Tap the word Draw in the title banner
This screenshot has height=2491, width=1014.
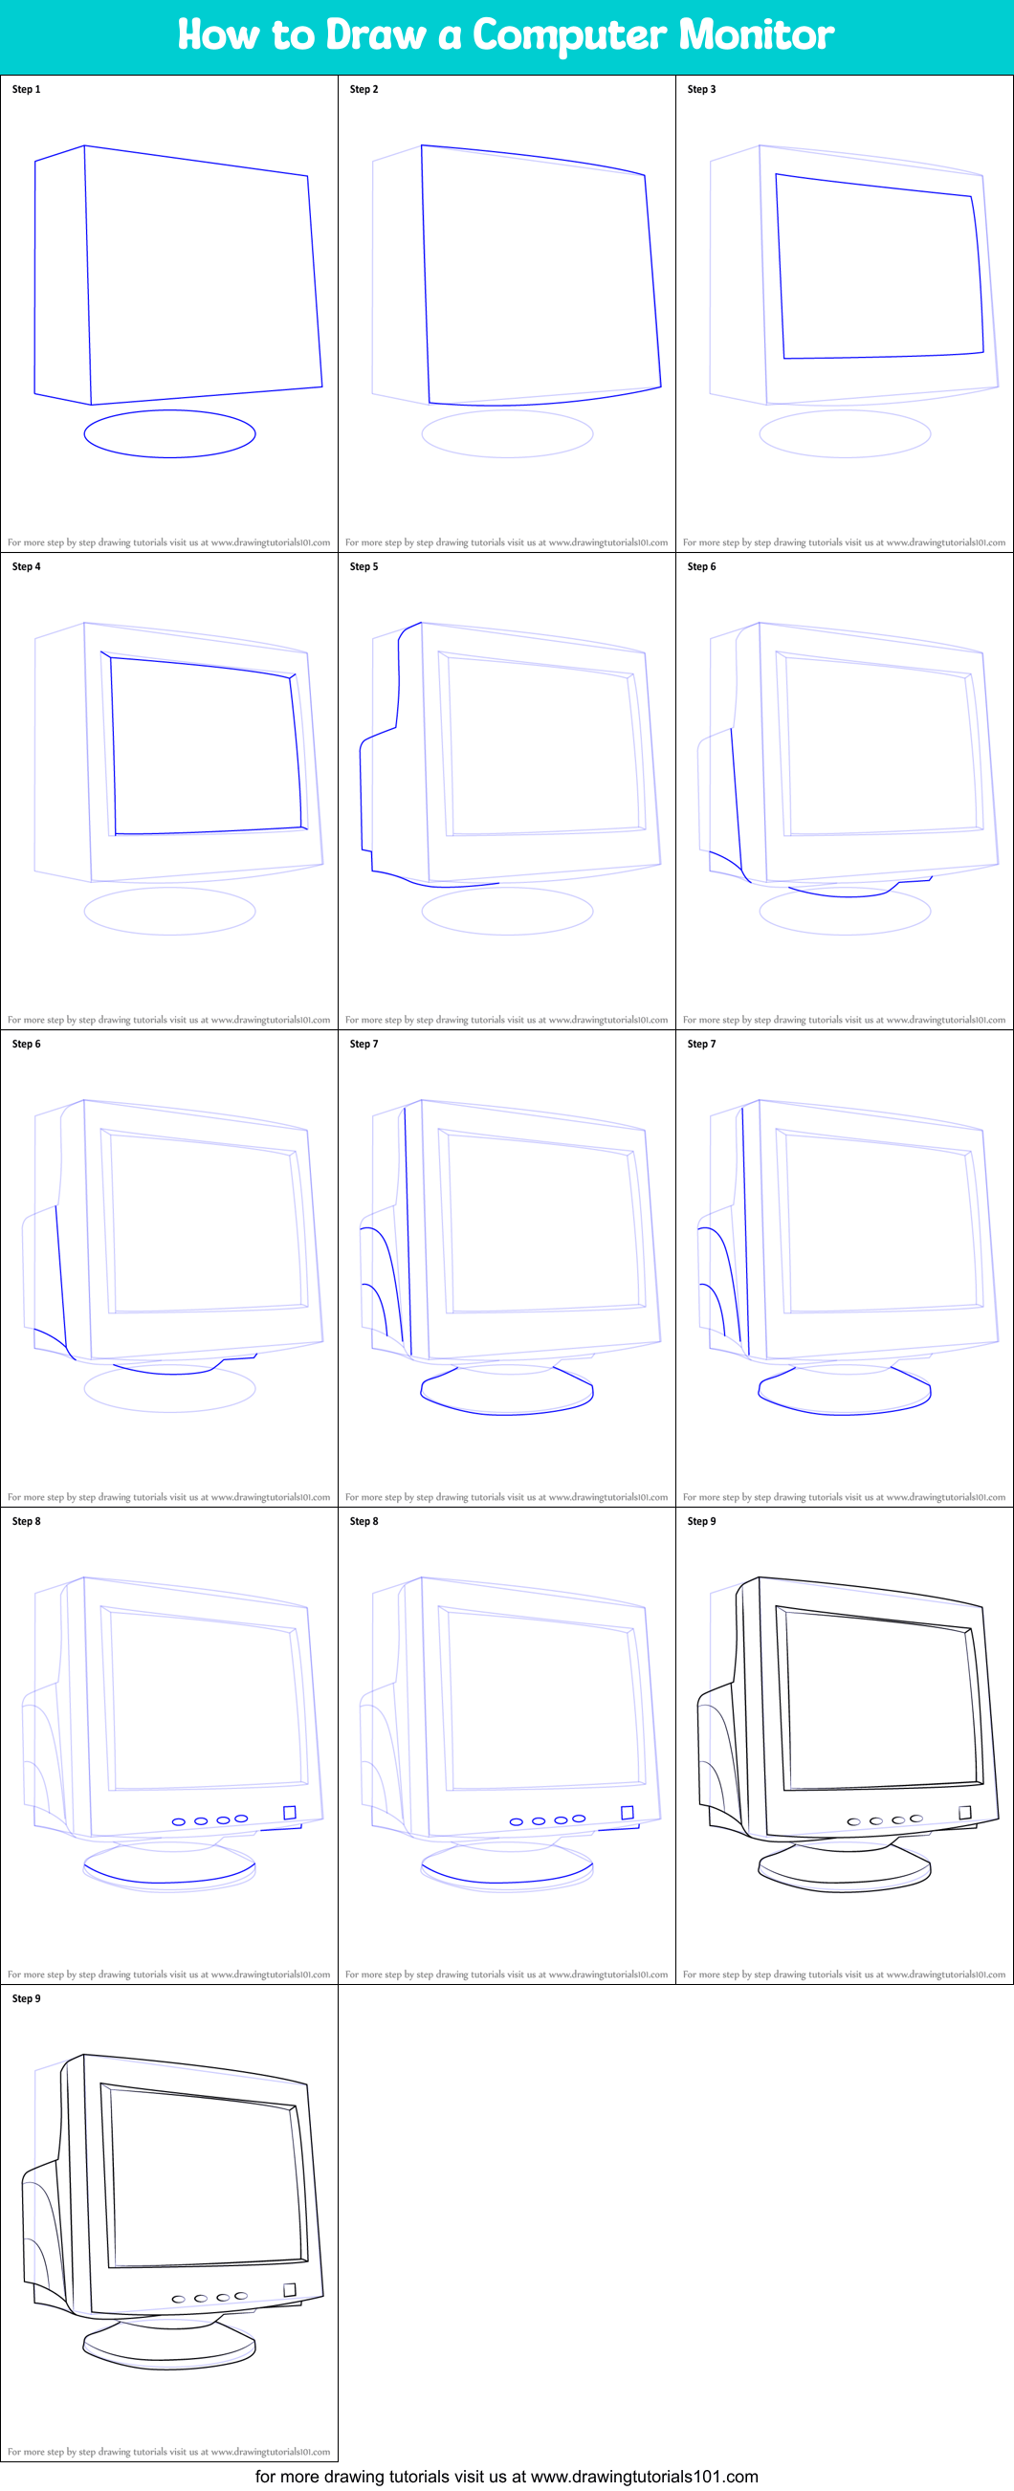pyautogui.click(x=376, y=34)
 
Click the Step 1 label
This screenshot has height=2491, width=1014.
pyautogui.click(x=26, y=89)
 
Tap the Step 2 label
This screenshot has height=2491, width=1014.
pyautogui.click(x=364, y=89)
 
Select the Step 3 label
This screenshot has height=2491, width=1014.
pyautogui.click(x=702, y=89)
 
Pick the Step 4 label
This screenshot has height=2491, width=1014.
pyautogui.click(x=26, y=566)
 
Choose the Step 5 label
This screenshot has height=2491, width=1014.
pyautogui.click(x=364, y=566)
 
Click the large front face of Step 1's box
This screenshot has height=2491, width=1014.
pyautogui.click(x=203, y=276)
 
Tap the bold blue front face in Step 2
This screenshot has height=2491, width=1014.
pyautogui.click(x=541, y=276)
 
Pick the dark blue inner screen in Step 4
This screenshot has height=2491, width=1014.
pyautogui.click(x=113, y=744)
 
